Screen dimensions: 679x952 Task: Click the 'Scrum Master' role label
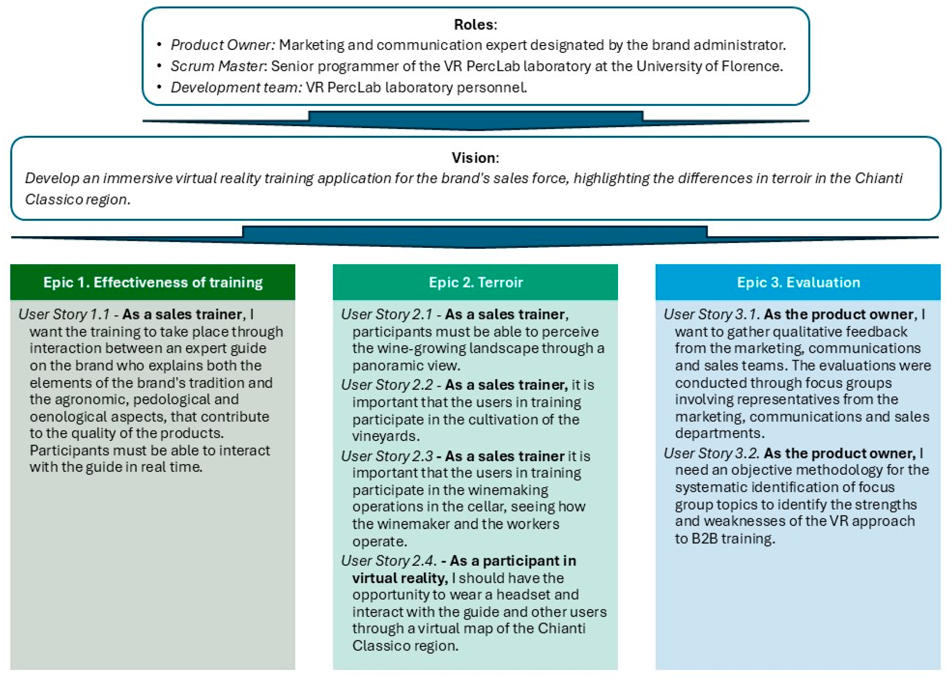[x=217, y=66]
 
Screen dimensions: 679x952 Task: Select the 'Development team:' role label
[x=236, y=87]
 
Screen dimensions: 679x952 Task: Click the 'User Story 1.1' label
[x=64, y=314]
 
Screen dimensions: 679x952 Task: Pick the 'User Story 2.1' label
[x=386, y=314]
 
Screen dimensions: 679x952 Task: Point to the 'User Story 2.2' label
[x=386, y=385]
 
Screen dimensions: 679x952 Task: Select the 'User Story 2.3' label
[x=386, y=456]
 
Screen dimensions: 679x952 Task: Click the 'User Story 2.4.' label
[x=388, y=561]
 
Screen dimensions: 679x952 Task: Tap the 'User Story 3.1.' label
[x=711, y=314]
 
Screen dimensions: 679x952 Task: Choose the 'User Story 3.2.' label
[x=711, y=453]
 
